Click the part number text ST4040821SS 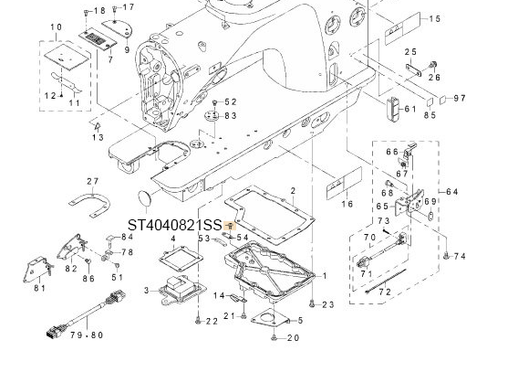point(173,225)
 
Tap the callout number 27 point(92,181)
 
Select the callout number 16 point(346,204)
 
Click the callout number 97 point(459,98)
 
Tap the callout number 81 point(39,288)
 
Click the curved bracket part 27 point(89,205)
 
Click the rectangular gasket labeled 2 point(273,214)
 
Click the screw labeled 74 point(446,257)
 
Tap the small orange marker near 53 point(232,226)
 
